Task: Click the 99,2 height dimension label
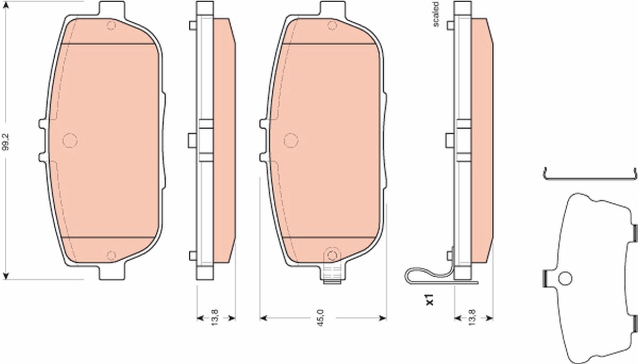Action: coord(6,142)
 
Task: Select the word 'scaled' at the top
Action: coord(435,14)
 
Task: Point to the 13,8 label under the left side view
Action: coord(214,318)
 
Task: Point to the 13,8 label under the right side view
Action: coord(472,318)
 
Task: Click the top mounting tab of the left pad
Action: coord(112,9)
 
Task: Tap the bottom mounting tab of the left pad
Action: coord(112,273)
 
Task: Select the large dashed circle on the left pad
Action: coord(70,140)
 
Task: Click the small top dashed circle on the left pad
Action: coord(111,26)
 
